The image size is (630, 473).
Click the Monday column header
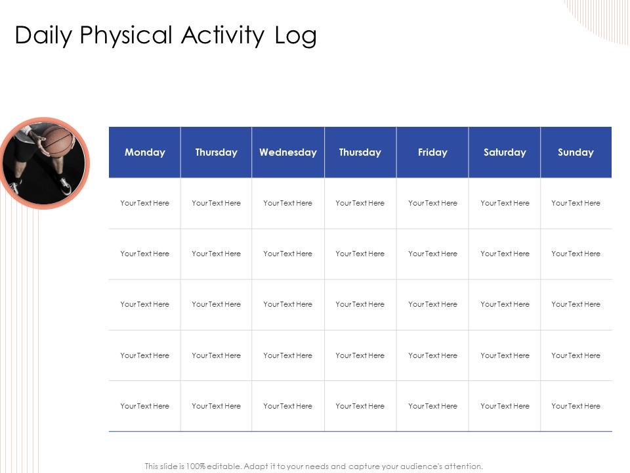click(145, 152)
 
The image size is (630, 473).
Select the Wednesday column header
click(288, 152)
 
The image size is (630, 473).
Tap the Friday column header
click(432, 152)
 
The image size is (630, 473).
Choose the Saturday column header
click(505, 152)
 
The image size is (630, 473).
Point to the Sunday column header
click(576, 152)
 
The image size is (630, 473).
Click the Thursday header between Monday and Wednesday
click(216, 152)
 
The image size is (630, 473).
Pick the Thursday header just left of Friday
click(360, 152)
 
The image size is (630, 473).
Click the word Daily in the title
click(43, 35)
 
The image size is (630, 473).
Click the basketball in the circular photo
click(58, 141)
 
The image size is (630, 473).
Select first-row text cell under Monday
click(145, 203)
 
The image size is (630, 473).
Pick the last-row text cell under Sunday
click(576, 406)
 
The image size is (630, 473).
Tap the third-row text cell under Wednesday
click(288, 304)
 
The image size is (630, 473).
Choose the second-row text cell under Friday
click(432, 254)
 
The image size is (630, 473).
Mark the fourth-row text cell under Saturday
click(505, 355)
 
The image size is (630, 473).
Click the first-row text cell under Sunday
click(576, 203)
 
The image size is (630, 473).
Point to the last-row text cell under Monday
click(145, 406)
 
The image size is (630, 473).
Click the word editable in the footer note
click(223, 466)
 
